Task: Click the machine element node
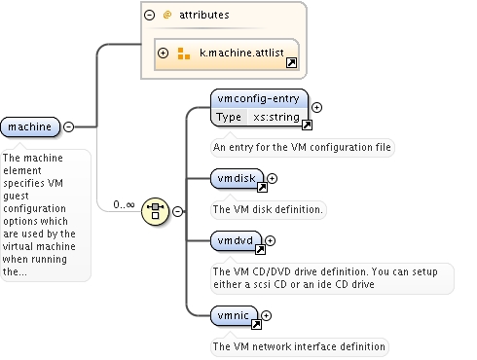pyautogui.click(x=30, y=126)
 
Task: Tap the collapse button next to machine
pyautogui.click(x=68, y=126)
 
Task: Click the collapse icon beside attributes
pyautogui.click(x=149, y=15)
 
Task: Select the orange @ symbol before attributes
pyautogui.click(x=167, y=15)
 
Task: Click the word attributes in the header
pyautogui.click(x=204, y=15)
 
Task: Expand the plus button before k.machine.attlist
pyautogui.click(x=163, y=53)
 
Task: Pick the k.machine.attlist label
pyautogui.click(x=241, y=53)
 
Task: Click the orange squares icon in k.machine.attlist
pyautogui.click(x=184, y=54)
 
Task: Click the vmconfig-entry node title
pyautogui.click(x=258, y=98)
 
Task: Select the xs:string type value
pyautogui.click(x=276, y=117)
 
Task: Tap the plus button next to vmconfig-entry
pyautogui.click(x=316, y=107)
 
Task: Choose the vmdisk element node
pyautogui.click(x=237, y=178)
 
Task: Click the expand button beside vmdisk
pyautogui.click(x=272, y=178)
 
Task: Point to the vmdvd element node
pyautogui.click(x=236, y=240)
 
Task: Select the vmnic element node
pyautogui.click(x=234, y=315)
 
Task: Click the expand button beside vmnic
pyautogui.click(x=266, y=315)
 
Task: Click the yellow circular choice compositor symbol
pyautogui.click(x=156, y=211)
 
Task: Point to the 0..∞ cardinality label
pyautogui.click(x=124, y=204)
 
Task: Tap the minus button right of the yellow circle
pyautogui.click(x=177, y=211)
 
